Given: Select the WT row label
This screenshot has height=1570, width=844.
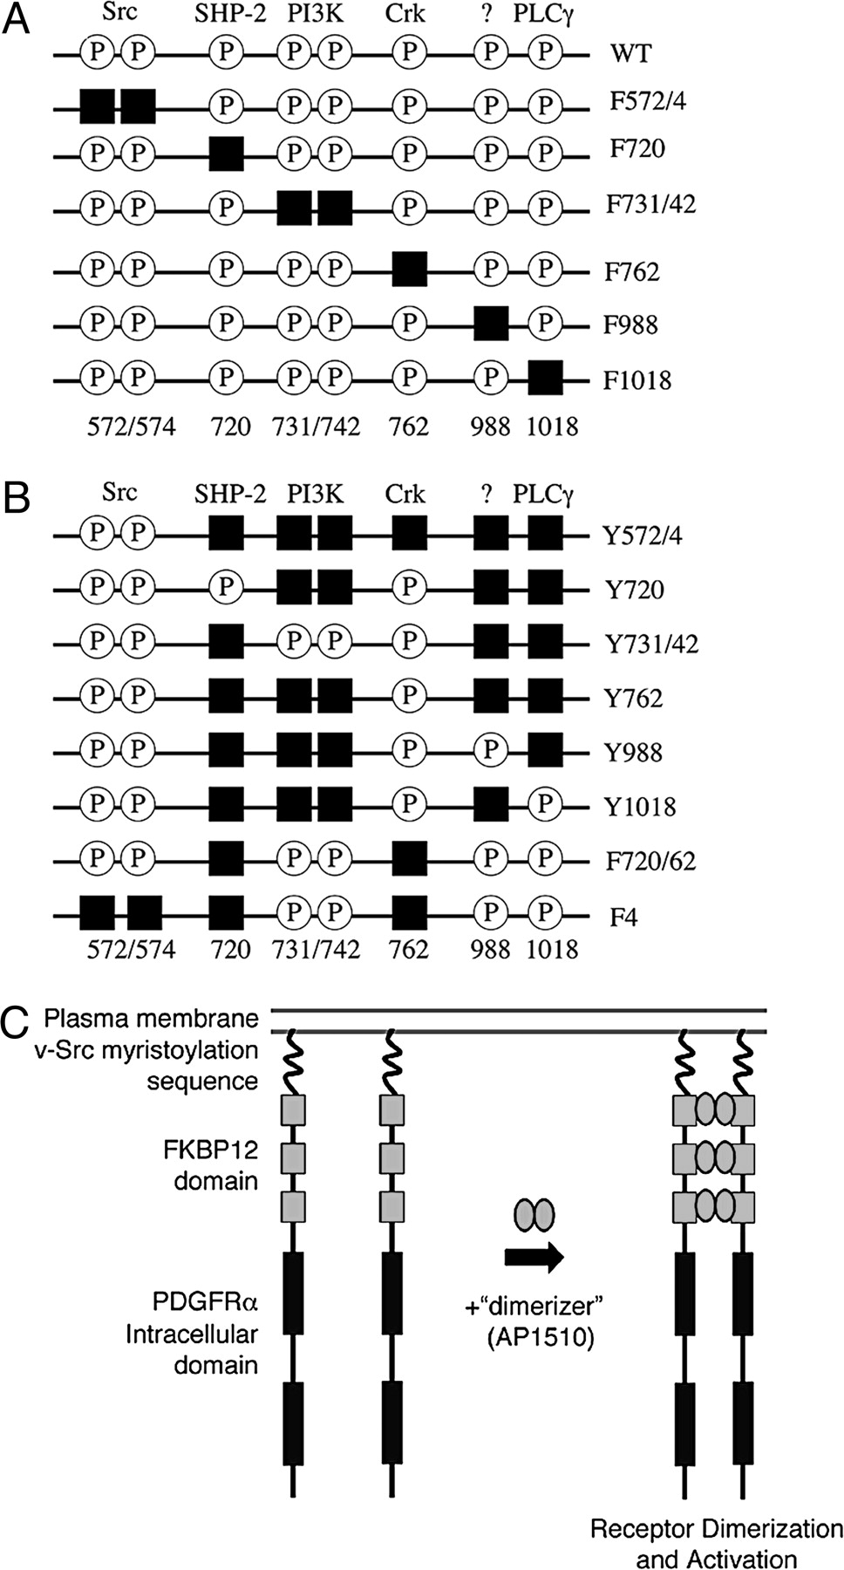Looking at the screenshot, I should [630, 53].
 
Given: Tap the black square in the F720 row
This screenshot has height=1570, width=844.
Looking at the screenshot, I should [227, 155].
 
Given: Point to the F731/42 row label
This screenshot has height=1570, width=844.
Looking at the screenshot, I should [651, 205].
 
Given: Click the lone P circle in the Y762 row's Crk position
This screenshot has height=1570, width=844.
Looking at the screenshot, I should [409, 697].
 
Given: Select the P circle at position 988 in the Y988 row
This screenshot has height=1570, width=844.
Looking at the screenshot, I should [491, 751].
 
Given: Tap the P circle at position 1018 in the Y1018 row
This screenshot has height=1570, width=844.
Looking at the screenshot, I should [545, 805].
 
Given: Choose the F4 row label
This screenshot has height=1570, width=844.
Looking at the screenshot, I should [623, 917].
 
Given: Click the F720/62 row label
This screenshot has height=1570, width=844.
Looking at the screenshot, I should [650, 861].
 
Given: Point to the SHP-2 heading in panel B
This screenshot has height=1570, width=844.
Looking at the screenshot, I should [230, 495].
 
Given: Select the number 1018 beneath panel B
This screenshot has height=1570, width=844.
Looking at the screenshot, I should [552, 948].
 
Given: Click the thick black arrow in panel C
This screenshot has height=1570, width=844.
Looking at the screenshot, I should [534, 1256].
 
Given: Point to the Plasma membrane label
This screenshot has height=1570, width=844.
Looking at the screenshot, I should [152, 1018].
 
